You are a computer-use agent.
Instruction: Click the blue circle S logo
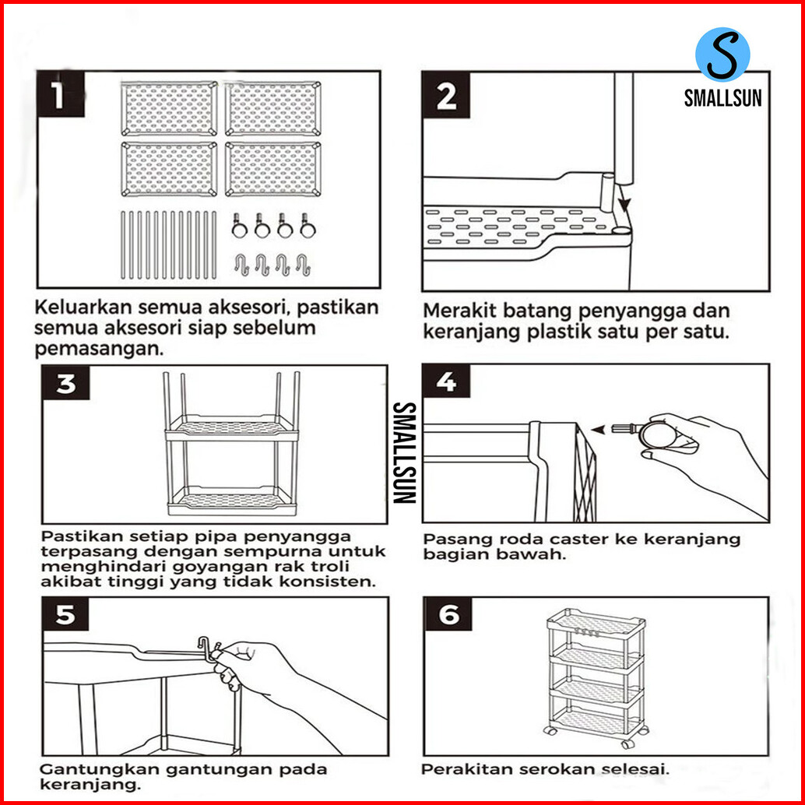coord(722,54)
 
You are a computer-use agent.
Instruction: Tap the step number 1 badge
coord(61,94)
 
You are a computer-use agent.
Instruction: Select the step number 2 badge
coord(446,95)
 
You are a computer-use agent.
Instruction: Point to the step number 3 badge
coord(65,383)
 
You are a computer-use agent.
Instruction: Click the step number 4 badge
coord(446,381)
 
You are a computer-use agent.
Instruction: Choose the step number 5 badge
coord(65,614)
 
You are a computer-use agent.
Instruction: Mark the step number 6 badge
coord(448,614)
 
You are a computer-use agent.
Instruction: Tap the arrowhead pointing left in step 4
coord(597,429)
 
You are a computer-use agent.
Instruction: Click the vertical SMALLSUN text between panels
coord(404,452)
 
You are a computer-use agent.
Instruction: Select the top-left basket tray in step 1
coord(169,108)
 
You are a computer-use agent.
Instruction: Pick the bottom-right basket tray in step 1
coord(273,170)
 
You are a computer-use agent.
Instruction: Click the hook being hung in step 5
coord(209,649)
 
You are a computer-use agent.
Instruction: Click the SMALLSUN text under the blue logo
coord(722,97)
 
